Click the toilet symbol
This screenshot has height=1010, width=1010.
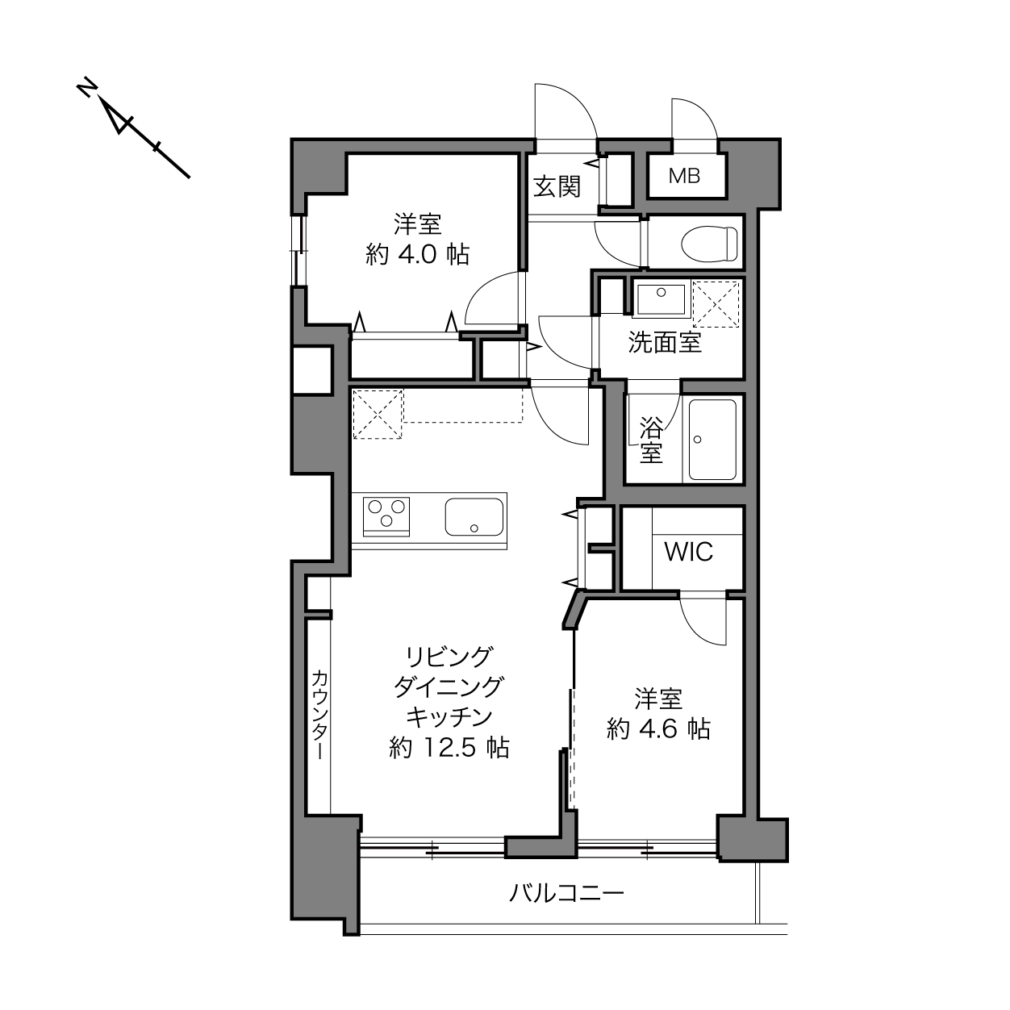(x=709, y=243)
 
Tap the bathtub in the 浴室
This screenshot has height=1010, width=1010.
(x=712, y=440)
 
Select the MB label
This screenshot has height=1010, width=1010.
(x=684, y=176)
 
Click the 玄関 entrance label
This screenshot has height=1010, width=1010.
(x=557, y=186)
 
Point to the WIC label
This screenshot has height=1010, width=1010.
(x=689, y=551)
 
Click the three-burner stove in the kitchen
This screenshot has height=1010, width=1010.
(x=386, y=517)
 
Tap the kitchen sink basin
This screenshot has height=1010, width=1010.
(x=474, y=517)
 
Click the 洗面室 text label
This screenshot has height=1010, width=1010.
(x=665, y=343)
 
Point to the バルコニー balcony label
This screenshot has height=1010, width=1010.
(x=566, y=891)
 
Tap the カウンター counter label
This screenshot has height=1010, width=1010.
(x=319, y=715)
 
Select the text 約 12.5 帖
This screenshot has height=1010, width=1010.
(x=449, y=748)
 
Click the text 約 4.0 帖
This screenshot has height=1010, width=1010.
(x=417, y=255)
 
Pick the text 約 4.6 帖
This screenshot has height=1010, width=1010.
(x=658, y=729)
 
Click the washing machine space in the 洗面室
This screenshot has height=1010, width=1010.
(x=716, y=303)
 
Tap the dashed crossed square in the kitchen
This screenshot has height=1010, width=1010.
(x=378, y=414)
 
